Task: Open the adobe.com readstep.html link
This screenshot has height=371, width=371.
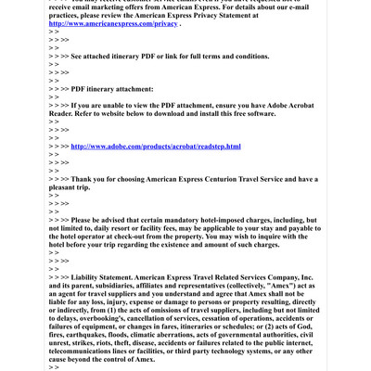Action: click(156, 147)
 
